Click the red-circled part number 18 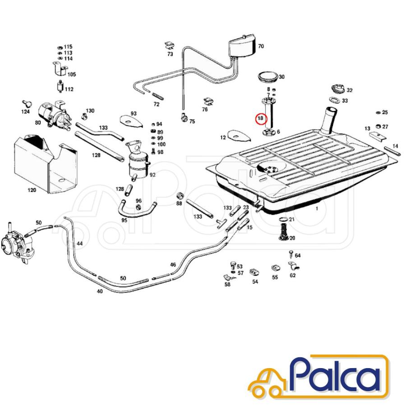[x=260, y=118]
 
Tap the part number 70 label [x=261, y=46]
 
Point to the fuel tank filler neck [x=329, y=120]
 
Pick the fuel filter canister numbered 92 [x=137, y=161]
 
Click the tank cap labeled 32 [x=338, y=89]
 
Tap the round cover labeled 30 [x=268, y=77]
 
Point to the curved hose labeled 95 [x=136, y=210]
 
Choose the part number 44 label [x=79, y=244]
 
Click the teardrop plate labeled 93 [x=131, y=121]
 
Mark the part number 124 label [x=25, y=111]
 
